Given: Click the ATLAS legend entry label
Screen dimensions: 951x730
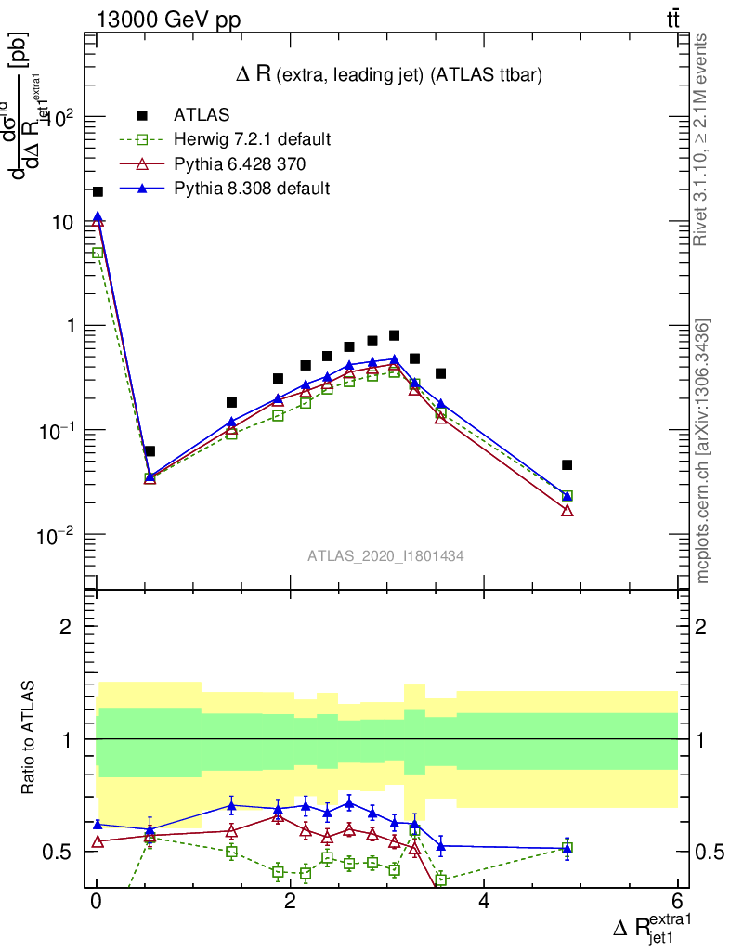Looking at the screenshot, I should tap(202, 115).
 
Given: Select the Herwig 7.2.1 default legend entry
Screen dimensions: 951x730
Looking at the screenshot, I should tap(252, 140).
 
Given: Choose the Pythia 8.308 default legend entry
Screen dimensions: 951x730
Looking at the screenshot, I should tap(251, 189).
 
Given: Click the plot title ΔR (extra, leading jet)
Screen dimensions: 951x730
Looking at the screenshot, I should tap(388, 73).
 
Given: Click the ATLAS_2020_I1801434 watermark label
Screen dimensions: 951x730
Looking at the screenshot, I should tap(385, 555).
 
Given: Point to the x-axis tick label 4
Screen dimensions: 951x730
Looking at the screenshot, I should tap(484, 902).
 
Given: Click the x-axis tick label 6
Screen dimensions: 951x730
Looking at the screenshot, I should tap(677, 902).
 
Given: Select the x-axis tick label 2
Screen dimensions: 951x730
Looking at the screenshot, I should tap(290, 902).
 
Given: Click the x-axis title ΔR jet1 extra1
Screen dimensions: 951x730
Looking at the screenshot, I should tap(653, 928).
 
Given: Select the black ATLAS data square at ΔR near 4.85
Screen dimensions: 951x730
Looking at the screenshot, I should tap(567, 464).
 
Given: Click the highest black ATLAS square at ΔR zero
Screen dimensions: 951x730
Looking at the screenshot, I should tap(98, 191).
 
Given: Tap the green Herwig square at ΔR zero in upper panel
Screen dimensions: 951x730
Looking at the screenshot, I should tap(98, 253).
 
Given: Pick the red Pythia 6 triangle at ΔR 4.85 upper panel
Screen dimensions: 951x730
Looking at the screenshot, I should tap(567, 511).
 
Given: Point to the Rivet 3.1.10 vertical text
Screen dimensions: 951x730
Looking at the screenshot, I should tap(703, 139).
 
